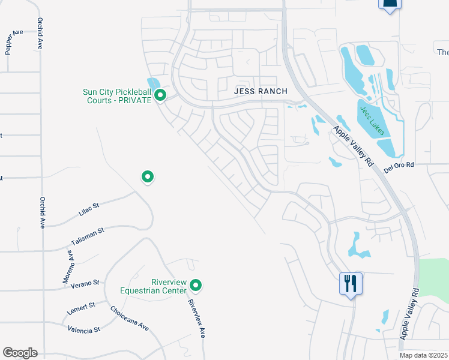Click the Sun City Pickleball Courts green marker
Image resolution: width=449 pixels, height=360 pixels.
160,95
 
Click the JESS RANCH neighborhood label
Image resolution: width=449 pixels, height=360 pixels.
260,91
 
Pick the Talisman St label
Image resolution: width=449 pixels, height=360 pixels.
88,234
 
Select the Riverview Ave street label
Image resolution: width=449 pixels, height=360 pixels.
196,319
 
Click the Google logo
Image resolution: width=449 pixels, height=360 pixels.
20,353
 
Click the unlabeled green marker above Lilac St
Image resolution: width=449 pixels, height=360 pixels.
148,177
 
